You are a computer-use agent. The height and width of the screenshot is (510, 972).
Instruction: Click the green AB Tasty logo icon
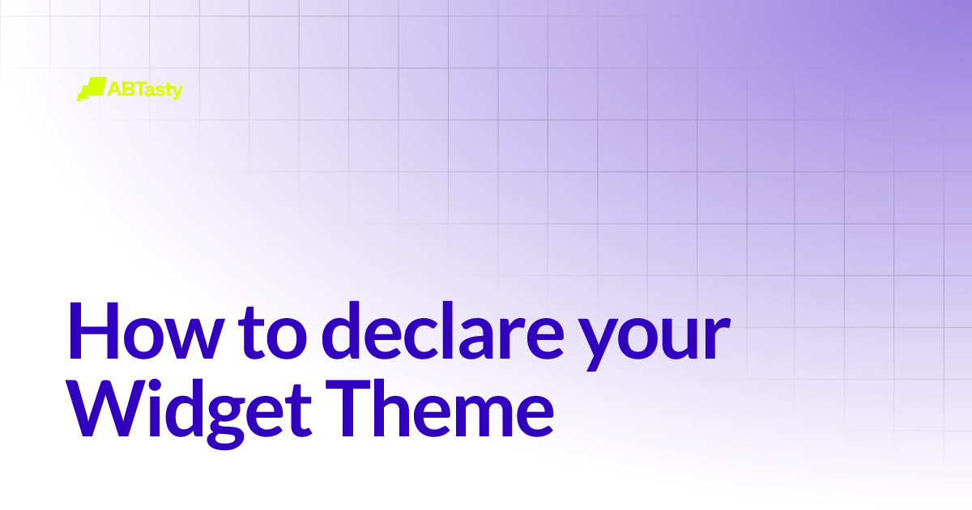tap(91, 88)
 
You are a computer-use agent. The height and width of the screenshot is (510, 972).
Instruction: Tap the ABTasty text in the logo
tap(145, 89)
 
